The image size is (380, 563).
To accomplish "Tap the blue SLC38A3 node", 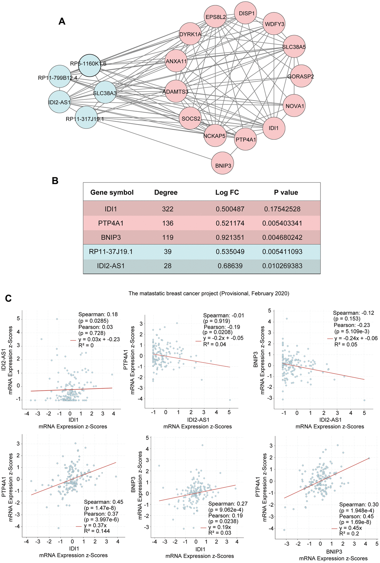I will (105, 92).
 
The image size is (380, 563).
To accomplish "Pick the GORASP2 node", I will (301, 76).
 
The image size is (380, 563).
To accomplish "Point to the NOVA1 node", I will (294, 106).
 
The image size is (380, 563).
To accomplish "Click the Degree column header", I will (166, 193).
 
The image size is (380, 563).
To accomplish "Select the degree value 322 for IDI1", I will (168, 209).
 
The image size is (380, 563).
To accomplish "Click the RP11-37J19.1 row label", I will (111, 252).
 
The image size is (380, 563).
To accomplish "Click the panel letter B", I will (55, 181).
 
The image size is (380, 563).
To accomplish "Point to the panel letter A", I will (62, 22).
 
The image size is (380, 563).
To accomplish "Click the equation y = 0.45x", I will (350, 528).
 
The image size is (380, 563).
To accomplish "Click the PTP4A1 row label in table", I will (111, 223).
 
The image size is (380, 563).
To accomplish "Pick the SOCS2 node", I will (191, 119).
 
